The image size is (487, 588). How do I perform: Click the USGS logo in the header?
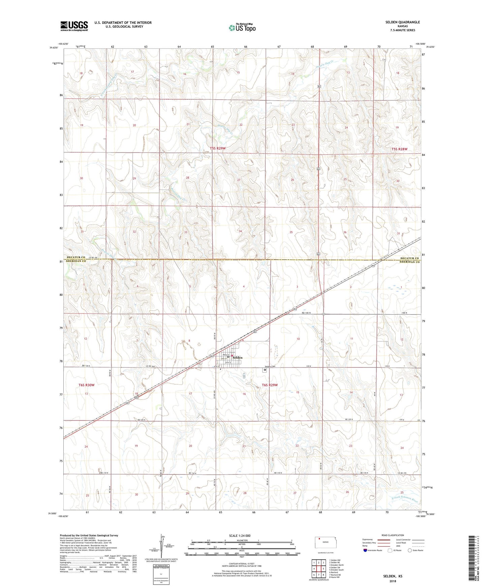point(74,26)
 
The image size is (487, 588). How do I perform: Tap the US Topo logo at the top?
point(242,28)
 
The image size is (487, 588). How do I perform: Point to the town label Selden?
point(238,358)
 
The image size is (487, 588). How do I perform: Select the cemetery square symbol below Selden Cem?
point(265,370)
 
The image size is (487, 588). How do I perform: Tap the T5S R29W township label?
point(217,148)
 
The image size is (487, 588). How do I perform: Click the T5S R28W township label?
point(399,149)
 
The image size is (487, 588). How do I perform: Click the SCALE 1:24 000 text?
point(240,536)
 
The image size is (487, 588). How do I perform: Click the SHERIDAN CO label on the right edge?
point(409,262)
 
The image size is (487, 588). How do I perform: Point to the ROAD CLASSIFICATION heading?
point(393,535)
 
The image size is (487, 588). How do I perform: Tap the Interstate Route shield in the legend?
point(365,550)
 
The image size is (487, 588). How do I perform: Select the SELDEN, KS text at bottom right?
point(392,576)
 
